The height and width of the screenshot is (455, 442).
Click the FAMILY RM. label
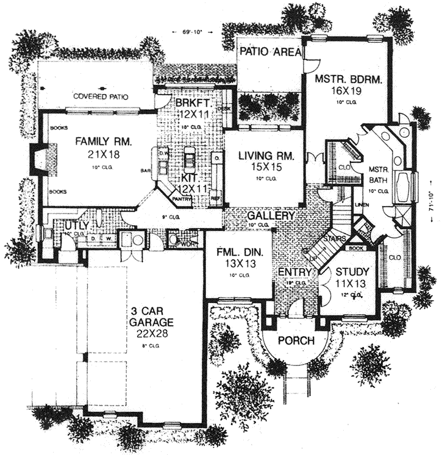[103, 142]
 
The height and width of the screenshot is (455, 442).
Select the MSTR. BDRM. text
[344, 79]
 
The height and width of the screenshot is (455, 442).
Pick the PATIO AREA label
[269, 52]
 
